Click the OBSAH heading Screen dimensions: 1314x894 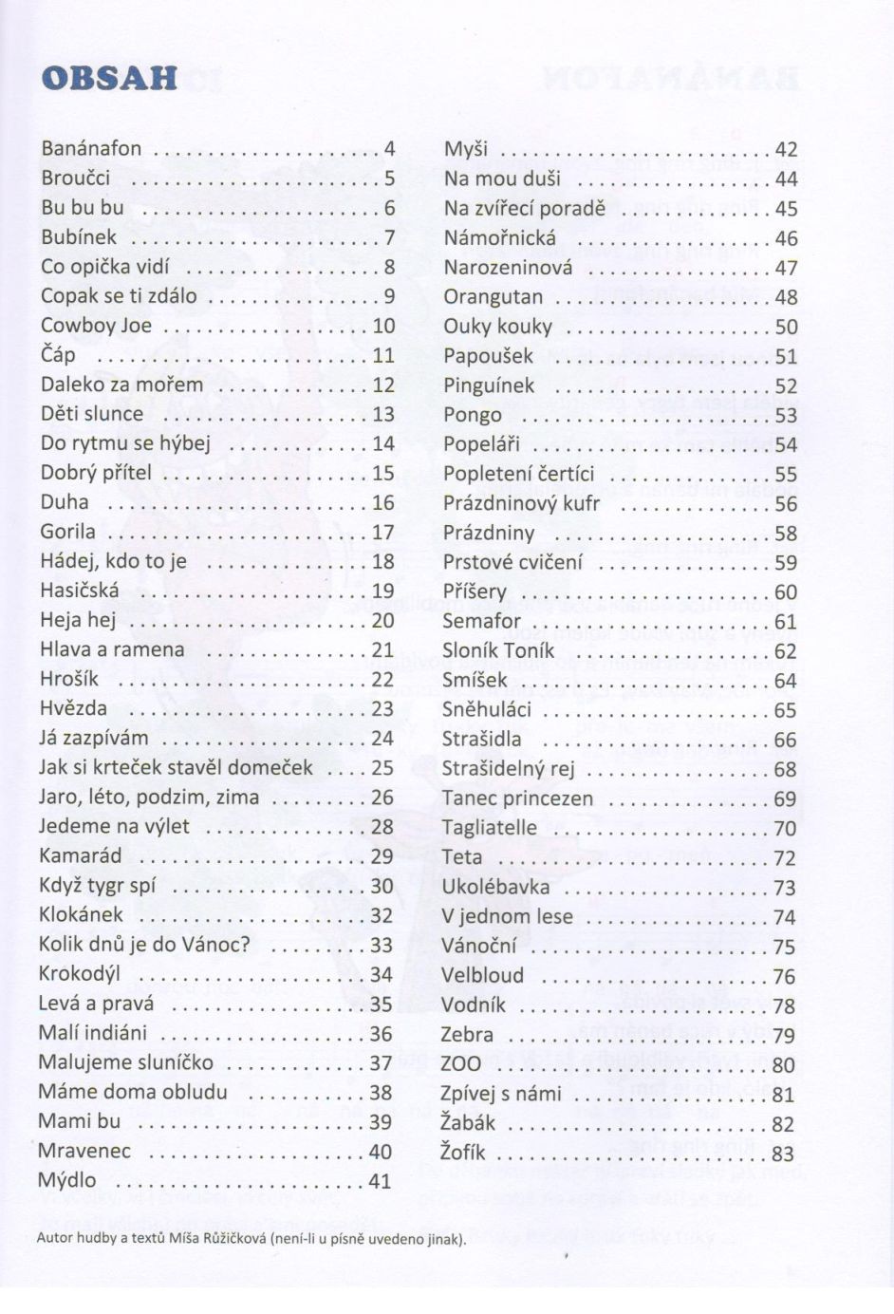(x=110, y=78)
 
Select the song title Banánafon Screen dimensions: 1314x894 (x=91, y=148)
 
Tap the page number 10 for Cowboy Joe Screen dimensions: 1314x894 (x=383, y=326)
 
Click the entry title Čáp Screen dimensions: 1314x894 (x=58, y=355)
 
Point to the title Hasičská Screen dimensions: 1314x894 (x=80, y=591)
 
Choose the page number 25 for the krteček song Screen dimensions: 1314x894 (x=382, y=767)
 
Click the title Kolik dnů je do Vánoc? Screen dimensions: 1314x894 (x=144, y=945)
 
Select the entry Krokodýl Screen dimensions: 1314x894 (x=80, y=974)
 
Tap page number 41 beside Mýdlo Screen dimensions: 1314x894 (x=380, y=1181)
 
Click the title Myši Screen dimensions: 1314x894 (x=465, y=149)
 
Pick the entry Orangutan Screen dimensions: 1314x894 (x=493, y=296)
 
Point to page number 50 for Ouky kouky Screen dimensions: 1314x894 (x=786, y=327)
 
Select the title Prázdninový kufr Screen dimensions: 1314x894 (x=521, y=503)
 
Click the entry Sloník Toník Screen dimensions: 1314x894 (x=498, y=650)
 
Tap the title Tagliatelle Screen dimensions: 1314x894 (x=489, y=828)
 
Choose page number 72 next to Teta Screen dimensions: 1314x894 (x=785, y=858)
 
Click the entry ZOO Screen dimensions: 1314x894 (x=461, y=1064)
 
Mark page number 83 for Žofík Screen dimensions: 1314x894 (x=783, y=1154)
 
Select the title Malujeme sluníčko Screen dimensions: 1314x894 (x=125, y=1062)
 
